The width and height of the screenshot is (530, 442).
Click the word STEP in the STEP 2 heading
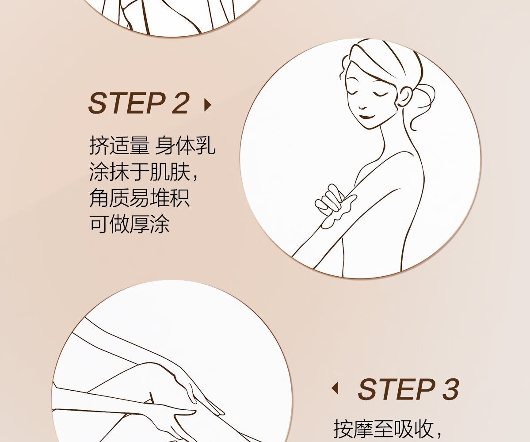point(127,103)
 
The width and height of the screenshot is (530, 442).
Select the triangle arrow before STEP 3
point(335,388)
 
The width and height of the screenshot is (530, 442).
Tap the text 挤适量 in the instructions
point(119,145)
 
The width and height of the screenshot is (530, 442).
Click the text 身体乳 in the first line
point(185,145)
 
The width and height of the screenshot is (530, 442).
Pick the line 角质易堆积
point(139,197)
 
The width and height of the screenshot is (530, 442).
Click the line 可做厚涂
point(130,223)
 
